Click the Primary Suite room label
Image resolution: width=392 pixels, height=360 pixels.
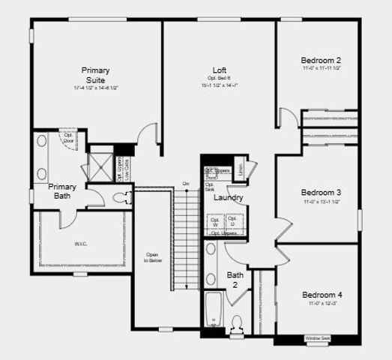coord(96,75)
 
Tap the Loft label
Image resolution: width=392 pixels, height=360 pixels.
coord(220,69)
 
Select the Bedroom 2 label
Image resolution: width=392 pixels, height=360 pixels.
coord(321,61)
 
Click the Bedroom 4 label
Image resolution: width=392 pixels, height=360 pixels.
coord(322,294)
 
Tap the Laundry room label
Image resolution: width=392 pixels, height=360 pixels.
coord(226,198)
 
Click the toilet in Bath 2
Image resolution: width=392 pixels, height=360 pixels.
coord(238,324)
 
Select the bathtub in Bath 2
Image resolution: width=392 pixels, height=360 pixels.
coord(214,310)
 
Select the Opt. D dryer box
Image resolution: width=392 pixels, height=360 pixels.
coord(233,223)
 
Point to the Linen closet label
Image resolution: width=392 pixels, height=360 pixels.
coord(239,169)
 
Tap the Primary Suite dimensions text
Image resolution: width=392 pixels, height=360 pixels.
coord(96,88)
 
